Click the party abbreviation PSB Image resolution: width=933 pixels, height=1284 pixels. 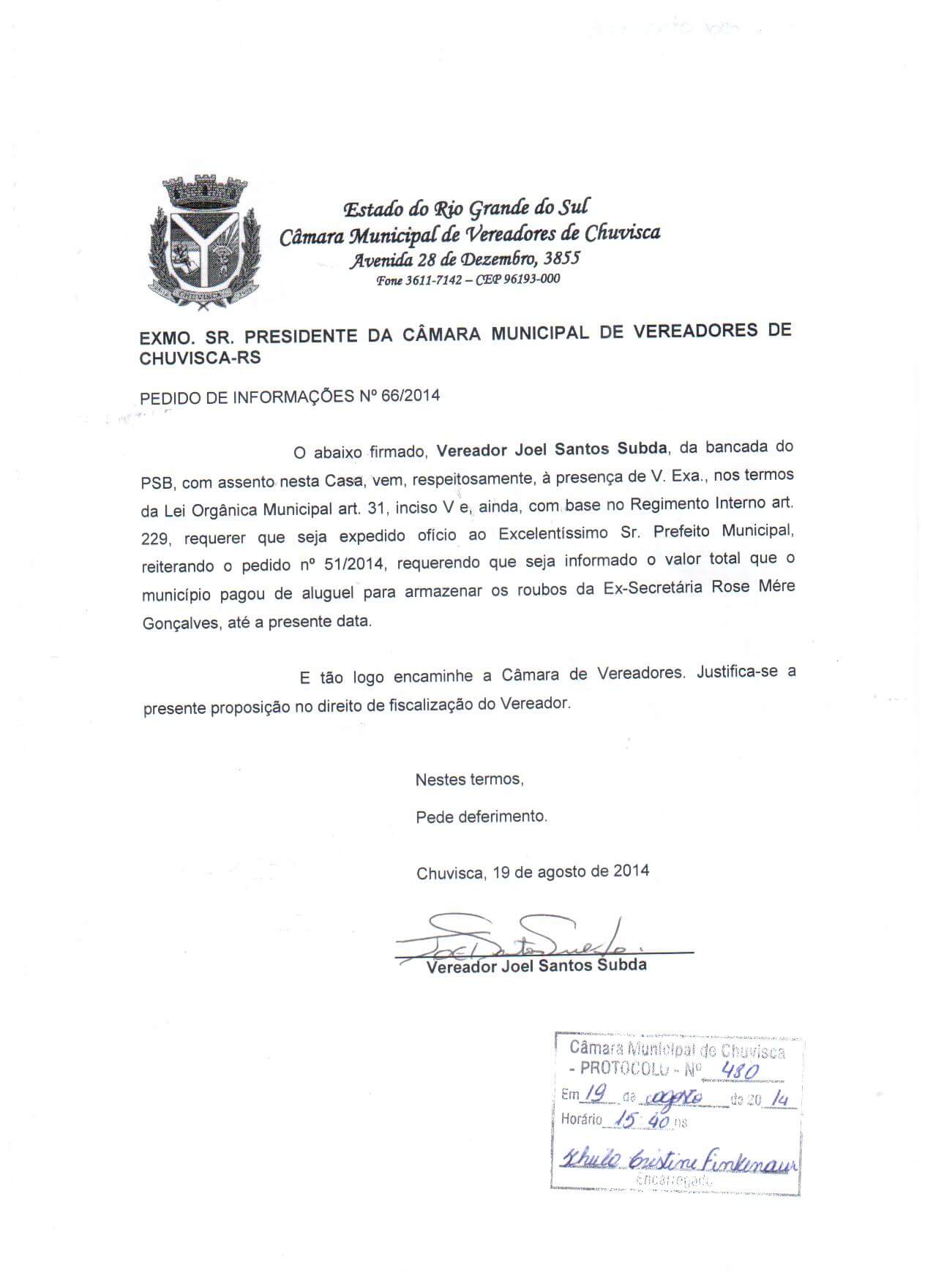coord(157,483)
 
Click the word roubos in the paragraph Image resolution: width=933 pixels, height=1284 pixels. coord(539,590)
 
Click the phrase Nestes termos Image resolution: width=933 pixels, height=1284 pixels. coord(469,780)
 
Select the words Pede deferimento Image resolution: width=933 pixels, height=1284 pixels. coord(481,816)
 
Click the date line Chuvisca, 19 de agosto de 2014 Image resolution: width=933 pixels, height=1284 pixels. coord(532,872)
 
